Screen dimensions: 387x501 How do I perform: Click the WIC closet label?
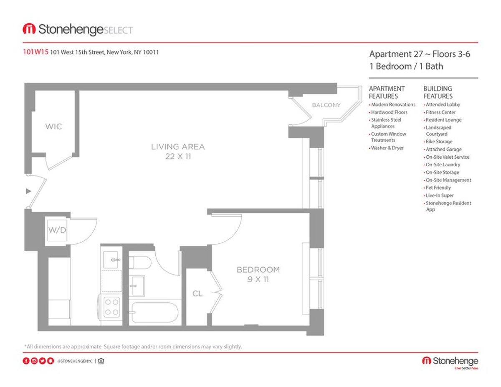point(54,126)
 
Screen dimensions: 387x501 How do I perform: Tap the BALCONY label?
point(326,105)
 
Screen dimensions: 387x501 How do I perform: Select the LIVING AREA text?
point(178,147)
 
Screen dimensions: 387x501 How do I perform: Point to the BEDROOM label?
point(258,270)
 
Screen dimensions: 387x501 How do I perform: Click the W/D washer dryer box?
point(57,230)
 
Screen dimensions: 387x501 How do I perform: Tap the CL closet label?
point(197,294)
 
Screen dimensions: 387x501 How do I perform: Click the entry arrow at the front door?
point(28,191)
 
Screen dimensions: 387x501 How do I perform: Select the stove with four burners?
point(111,306)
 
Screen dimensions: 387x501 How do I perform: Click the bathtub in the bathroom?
point(154,312)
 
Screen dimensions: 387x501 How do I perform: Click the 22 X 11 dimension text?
point(178,157)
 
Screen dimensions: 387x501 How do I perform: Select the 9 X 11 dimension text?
point(258,280)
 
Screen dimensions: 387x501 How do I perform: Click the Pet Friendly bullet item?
point(438,188)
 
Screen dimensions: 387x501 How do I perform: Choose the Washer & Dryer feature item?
point(387,148)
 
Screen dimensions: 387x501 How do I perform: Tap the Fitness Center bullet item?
point(440,112)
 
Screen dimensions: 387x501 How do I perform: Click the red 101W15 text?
point(35,53)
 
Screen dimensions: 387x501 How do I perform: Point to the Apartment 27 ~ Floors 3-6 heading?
point(420,54)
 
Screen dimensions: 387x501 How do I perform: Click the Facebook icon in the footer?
point(26,361)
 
